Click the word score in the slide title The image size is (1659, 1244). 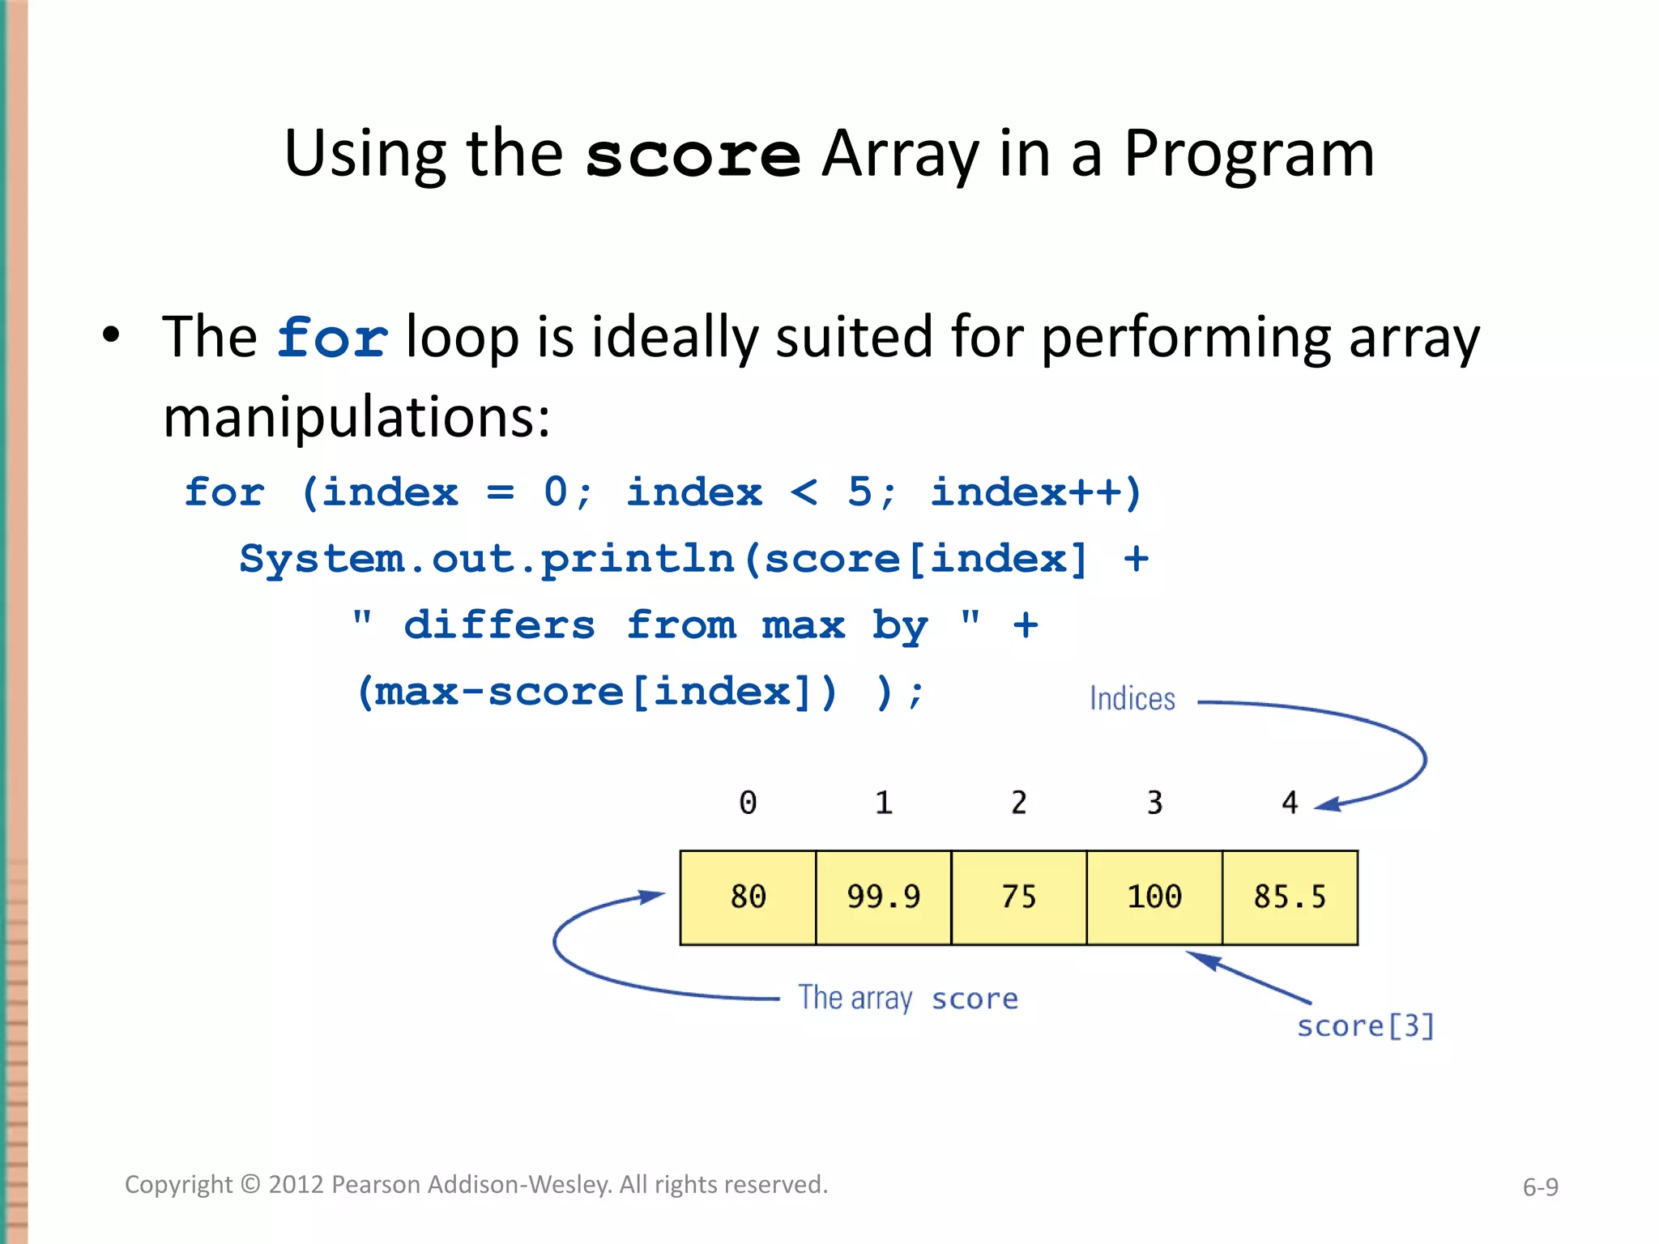[693, 155]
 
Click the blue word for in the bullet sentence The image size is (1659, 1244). [332, 338]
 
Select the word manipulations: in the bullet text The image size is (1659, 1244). [356, 417]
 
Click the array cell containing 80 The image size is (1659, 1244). [748, 897]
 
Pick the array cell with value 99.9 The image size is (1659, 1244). [883, 897]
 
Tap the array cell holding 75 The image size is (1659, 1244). [1018, 897]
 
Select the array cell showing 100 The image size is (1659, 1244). [1154, 897]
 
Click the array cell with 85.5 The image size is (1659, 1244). [1290, 897]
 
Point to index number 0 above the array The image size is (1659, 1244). [748, 803]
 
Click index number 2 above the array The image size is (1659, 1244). [1018, 803]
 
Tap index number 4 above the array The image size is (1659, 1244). [1290, 803]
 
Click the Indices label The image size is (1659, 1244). [1132, 699]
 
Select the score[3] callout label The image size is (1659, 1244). [1365, 1026]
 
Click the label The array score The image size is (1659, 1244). [907, 999]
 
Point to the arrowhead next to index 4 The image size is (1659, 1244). [1327, 804]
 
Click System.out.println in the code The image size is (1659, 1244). [486, 559]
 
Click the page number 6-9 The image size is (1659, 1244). [1540, 1187]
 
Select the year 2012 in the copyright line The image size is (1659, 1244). [296, 1185]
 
